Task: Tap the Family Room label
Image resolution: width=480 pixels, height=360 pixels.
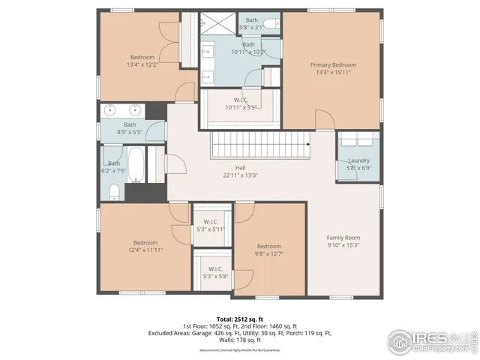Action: [343, 237]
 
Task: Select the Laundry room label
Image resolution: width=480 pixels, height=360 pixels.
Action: [358, 160]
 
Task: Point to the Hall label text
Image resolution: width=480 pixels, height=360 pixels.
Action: [240, 168]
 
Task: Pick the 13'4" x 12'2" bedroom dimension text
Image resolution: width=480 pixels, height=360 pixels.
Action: [142, 65]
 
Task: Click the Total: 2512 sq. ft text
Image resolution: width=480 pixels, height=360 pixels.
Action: [240, 319]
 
